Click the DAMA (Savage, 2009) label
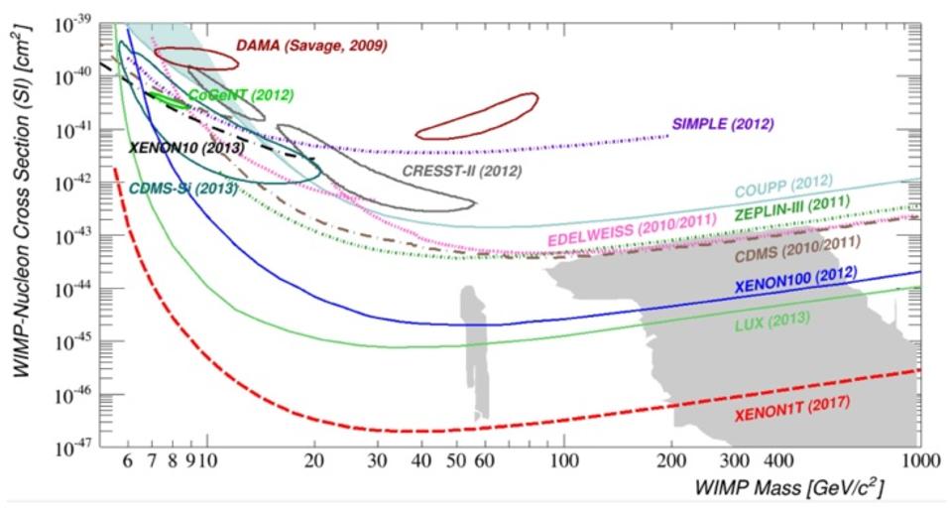point(310,46)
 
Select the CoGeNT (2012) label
point(241,95)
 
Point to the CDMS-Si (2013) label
point(182,187)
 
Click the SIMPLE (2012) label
point(723,124)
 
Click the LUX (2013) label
point(772,323)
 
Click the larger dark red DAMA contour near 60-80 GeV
point(477,116)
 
